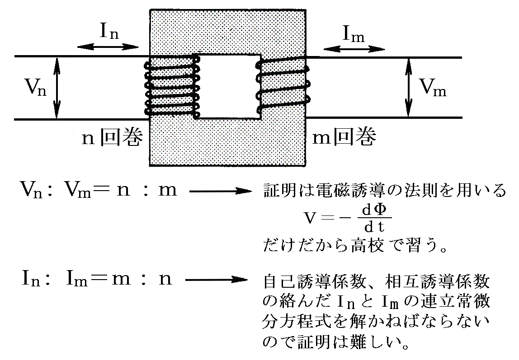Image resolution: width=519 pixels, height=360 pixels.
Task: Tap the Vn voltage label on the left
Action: (x=34, y=86)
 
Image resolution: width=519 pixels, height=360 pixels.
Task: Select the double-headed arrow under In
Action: (x=108, y=46)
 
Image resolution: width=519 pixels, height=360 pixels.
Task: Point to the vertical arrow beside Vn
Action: (x=57, y=88)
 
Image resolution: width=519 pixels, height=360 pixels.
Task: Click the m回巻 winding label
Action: (x=344, y=137)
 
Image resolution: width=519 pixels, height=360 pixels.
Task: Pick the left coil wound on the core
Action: (x=172, y=86)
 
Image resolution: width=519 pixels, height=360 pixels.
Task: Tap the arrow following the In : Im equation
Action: (x=217, y=280)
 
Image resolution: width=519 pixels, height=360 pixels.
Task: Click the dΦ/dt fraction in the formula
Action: (x=371, y=218)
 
